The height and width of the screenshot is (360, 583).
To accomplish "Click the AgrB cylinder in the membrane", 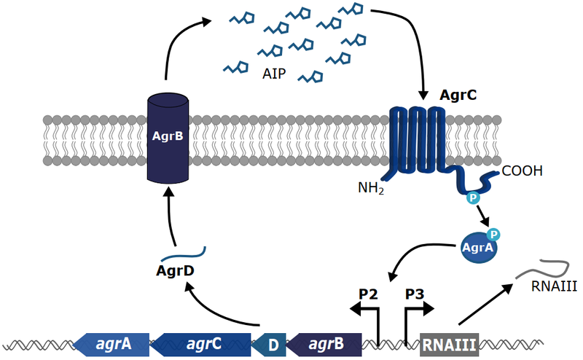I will [x=168, y=138].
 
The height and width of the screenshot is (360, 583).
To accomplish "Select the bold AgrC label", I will [x=458, y=95].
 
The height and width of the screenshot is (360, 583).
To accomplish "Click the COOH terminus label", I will [x=522, y=173].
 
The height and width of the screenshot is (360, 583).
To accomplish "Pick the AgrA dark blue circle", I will [x=477, y=249].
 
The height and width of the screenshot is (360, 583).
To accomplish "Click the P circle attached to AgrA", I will [x=493, y=233].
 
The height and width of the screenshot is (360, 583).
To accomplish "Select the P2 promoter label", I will [x=369, y=294].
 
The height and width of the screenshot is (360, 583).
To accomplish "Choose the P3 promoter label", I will [x=415, y=294].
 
